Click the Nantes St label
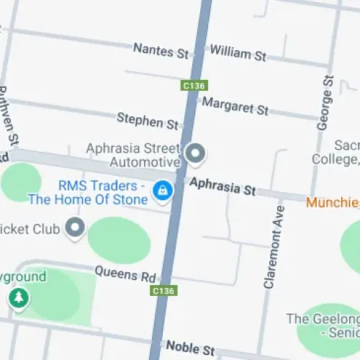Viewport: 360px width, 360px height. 161,50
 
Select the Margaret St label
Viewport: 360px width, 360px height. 235,106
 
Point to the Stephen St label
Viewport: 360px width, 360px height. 147,120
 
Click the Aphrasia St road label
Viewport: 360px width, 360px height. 222,186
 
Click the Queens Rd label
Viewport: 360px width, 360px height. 125,275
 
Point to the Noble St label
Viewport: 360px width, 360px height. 190,348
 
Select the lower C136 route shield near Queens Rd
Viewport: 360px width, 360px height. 163,291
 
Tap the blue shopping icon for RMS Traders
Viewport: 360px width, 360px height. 163,190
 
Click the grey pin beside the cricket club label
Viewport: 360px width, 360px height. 75,229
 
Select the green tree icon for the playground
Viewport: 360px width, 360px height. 18,297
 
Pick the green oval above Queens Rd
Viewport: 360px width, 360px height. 119,240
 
